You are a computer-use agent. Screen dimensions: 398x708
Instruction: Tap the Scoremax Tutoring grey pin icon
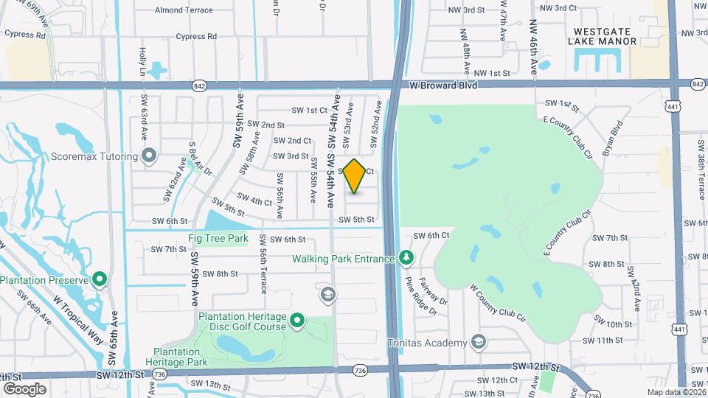[150, 156]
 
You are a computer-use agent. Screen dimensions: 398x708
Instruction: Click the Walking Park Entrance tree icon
[405, 257]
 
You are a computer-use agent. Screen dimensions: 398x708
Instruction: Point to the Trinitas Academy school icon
[479, 342]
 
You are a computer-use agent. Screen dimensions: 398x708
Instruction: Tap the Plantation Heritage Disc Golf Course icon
[297, 320]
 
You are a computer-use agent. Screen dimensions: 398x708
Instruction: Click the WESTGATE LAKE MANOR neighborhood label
[602, 36]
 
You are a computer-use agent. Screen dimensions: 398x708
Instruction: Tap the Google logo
[24, 388]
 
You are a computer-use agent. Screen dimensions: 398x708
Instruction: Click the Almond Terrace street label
[184, 10]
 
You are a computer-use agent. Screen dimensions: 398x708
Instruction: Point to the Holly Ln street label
[142, 61]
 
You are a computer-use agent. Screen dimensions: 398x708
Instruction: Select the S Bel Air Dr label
[200, 158]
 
